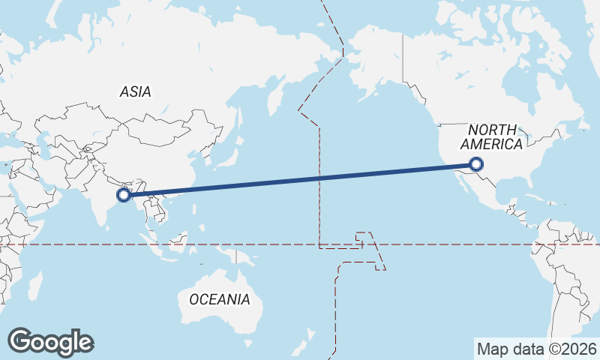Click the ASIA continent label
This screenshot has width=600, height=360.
135,91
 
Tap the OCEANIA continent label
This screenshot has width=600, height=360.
219,299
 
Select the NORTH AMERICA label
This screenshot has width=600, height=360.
492,136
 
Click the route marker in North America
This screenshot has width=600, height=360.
476,164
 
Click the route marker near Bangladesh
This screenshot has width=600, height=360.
124,195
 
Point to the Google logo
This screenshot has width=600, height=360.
50,342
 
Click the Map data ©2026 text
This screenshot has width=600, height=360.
537,349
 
